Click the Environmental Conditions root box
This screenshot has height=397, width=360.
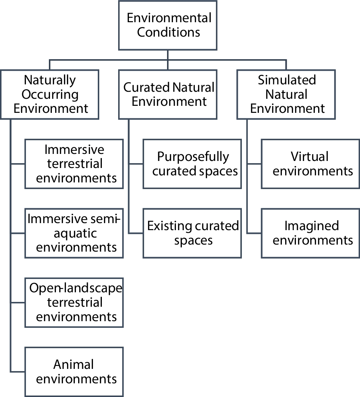point(168,25)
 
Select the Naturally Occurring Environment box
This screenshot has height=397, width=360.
point(50,94)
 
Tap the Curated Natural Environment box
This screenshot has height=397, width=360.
point(168,94)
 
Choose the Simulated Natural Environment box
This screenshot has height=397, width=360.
point(286,94)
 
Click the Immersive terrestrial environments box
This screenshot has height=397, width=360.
point(74,164)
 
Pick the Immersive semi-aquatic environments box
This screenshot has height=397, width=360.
point(74,233)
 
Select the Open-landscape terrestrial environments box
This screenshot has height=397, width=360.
point(74,303)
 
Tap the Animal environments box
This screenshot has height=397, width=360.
point(74,372)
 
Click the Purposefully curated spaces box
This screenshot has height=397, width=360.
point(192,164)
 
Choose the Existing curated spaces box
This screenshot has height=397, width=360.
point(192,233)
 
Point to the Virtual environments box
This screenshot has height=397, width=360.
point(310,164)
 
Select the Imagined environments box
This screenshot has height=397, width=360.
point(310,233)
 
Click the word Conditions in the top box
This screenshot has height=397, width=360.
point(169,32)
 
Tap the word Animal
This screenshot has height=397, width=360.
point(74,365)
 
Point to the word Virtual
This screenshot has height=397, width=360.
point(310,157)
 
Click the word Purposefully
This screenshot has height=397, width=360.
point(193,157)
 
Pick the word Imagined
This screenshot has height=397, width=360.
point(311,226)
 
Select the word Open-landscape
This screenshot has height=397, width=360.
point(76,288)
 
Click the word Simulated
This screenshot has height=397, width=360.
point(287,80)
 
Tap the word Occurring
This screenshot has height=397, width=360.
point(50,94)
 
